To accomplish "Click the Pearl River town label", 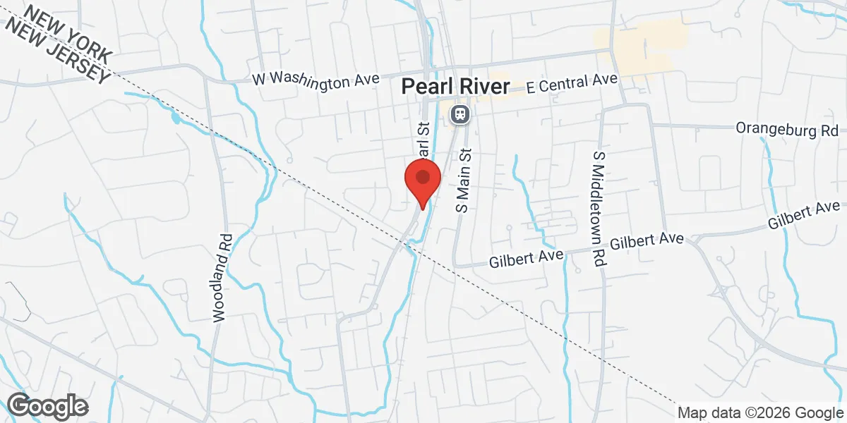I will coord(455,87).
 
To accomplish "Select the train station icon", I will coord(459,113).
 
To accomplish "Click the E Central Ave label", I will coord(572,83).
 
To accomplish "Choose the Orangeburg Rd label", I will coord(786,129).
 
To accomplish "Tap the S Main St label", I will coord(463,180).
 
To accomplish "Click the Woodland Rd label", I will coord(222,278).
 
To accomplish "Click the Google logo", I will coord(47,406).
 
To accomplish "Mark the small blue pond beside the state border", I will coord(175,117).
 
